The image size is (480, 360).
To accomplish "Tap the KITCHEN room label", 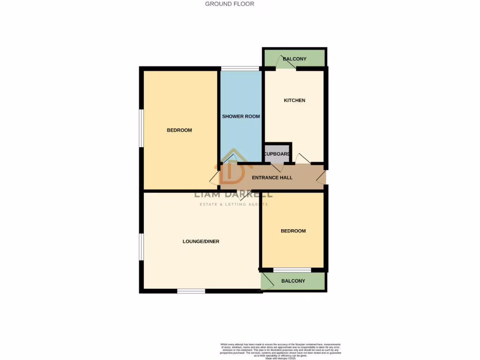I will pyautogui.click(x=294, y=100).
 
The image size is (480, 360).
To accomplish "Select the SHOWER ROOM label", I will pyautogui.click(x=241, y=116).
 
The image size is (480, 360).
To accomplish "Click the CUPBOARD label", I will pyautogui.click(x=277, y=154).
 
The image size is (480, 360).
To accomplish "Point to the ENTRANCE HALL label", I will pyautogui.click(x=272, y=178).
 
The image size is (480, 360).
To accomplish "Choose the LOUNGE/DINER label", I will pyautogui.click(x=201, y=242).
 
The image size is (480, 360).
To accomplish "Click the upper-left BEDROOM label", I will pyautogui.click(x=180, y=130).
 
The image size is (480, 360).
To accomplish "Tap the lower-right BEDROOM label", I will pyautogui.click(x=293, y=231).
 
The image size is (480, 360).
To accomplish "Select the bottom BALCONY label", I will pyautogui.click(x=293, y=281).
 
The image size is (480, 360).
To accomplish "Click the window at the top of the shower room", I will pyautogui.click(x=241, y=69).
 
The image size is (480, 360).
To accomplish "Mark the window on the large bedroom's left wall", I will pyautogui.click(x=141, y=128).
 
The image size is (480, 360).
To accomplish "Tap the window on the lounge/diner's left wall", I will pyautogui.click(x=141, y=246).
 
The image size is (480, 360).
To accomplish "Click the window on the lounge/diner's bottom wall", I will pyautogui.click(x=191, y=291).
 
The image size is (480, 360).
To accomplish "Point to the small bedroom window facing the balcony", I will pyautogui.click(x=292, y=270).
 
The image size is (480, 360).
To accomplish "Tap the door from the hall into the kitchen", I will pyautogui.click(x=302, y=160).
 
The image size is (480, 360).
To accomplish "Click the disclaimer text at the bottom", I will pyautogui.click(x=281, y=351).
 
